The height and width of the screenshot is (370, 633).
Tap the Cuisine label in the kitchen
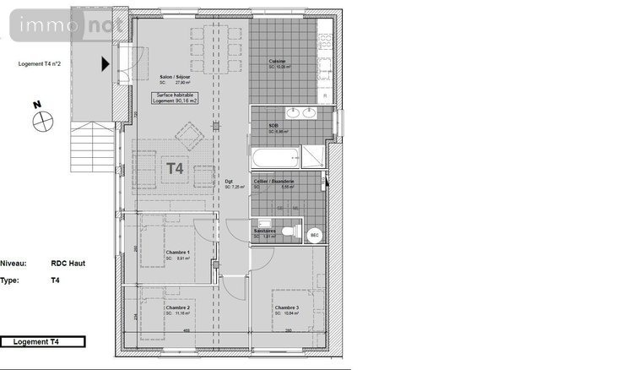tap(277, 62)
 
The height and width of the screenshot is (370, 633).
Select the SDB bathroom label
tap(273, 126)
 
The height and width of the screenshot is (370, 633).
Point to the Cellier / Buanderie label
tap(274, 181)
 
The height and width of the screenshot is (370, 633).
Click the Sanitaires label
tap(265, 230)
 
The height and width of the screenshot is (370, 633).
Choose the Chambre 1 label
tap(177, 253)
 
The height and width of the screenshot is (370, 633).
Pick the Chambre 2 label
tap(177, 307)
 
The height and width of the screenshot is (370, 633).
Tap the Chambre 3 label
tap(285, 307)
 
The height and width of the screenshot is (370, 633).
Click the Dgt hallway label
tap(229, 181)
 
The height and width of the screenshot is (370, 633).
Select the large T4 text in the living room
tap(174, 168)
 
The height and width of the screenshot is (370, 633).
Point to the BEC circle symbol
tap(315, 234)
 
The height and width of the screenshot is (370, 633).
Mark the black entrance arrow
tap(105, 63)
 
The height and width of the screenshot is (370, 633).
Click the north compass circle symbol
tap(42, 121)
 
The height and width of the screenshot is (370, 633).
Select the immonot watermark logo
tap(67, 25)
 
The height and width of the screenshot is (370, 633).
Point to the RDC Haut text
tap(68, 263)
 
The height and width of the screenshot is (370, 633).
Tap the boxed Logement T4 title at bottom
tap(41, 342)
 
